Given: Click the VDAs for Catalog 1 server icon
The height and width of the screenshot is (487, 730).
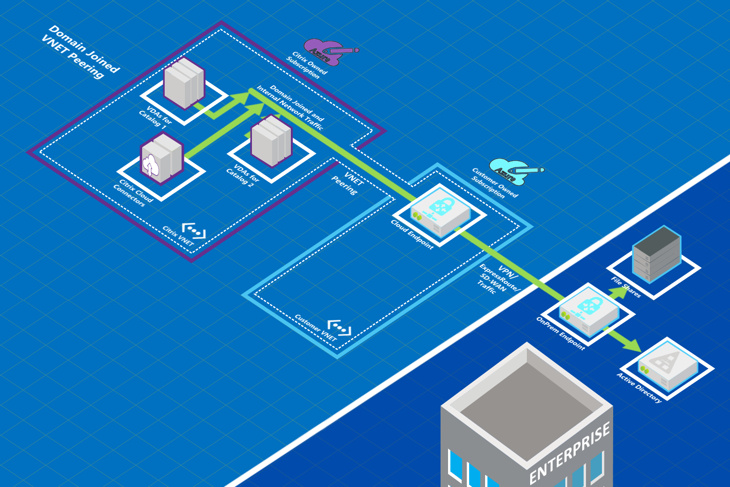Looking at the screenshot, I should [184, 83].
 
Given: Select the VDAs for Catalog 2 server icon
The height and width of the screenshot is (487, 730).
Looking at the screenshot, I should [271, 140].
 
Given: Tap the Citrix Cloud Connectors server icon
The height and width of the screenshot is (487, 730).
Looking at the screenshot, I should [161, 158].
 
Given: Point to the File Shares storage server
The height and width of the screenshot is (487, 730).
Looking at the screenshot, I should [656, 253].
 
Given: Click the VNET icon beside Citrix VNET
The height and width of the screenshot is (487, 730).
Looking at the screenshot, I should [194, 231].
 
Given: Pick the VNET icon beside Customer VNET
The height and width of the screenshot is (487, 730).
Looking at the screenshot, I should [339, 328].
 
